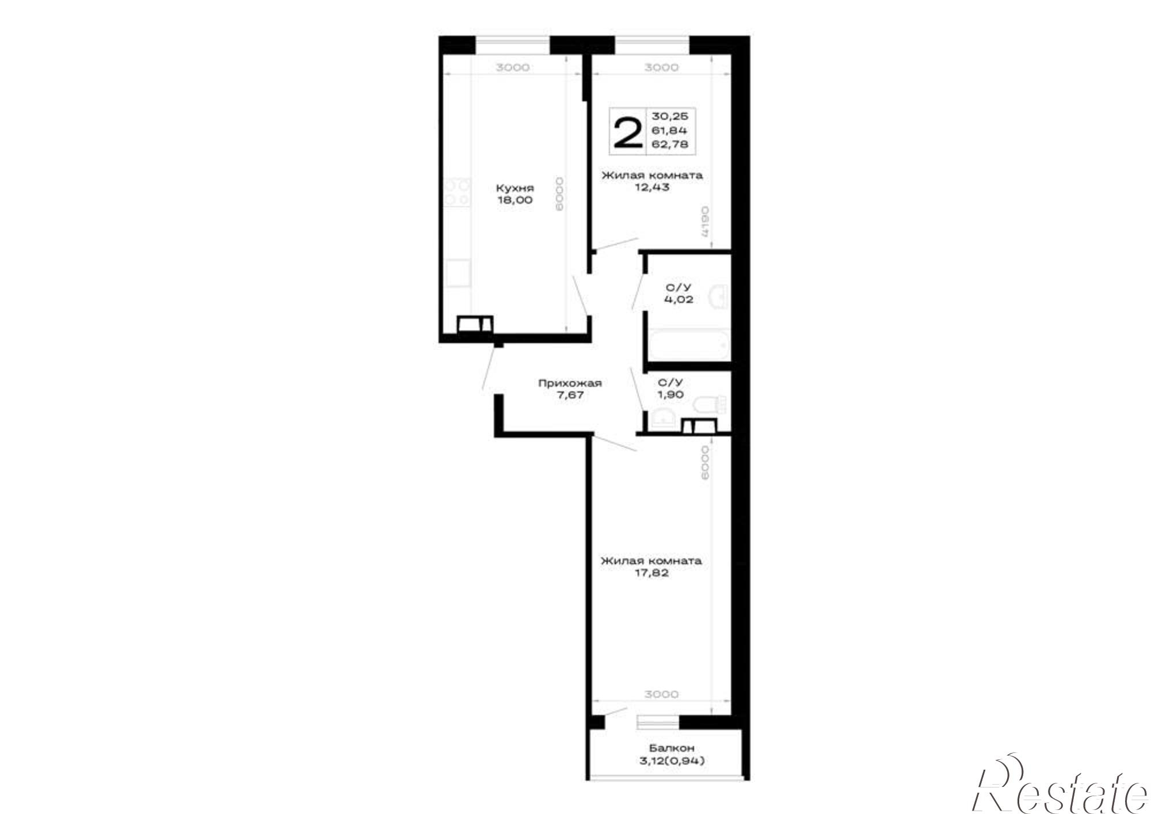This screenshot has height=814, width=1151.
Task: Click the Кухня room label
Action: click(x=515, y=188)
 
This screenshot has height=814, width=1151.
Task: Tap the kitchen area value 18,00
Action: click(x=515, y=200)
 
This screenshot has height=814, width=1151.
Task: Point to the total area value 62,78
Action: click(x=669, y=144)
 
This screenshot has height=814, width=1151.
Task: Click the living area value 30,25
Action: click(x=669, y=116)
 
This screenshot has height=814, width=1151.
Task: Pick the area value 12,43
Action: click(x=652, y=187)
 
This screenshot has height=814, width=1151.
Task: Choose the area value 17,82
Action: click(x=651, y=573)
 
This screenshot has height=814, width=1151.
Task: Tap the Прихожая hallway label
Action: click(x=570, y=383)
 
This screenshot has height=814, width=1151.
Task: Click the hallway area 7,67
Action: click(x=570, y=395)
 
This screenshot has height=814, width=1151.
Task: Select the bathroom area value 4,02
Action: click(x=679, y=299)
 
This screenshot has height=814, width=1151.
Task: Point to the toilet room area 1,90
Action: click(x=670, y=394)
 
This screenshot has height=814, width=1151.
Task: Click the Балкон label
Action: click(x=672, y=748)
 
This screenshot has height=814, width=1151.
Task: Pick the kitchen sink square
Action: click(x=458, y=273)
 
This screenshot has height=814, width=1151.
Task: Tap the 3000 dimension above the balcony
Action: click(x=661, y=694)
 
